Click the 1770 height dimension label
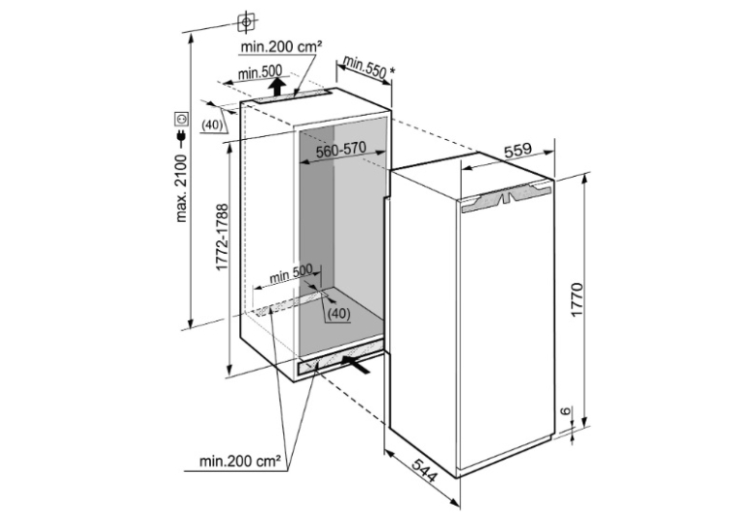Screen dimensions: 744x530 point(577,300)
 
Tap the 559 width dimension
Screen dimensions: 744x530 point(517,151)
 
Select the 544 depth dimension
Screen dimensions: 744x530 point(423,470)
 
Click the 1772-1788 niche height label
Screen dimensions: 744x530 point(222,237)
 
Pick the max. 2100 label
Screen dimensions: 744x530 point(182,189)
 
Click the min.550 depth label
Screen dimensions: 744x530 point(364,67)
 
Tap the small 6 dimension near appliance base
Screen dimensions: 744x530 point(566,411)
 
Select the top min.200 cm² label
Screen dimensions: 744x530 point(281,47)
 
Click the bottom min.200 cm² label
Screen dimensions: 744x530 point(239,461)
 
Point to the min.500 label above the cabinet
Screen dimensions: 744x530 point(260,73)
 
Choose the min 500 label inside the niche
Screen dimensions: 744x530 point(291,273)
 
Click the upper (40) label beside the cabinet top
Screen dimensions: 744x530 point(212,124)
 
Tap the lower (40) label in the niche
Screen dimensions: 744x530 point(339,313)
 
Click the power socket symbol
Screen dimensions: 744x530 point(182,118)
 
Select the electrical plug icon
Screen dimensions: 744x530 point(181,137)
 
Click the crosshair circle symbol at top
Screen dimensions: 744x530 point(246,22)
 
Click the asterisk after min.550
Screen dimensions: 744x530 point(392,71)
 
